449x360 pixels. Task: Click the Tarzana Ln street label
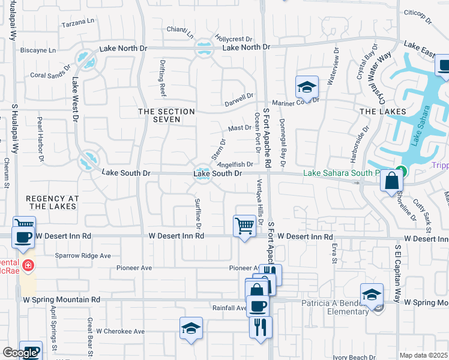79,22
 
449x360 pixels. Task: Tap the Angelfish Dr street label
235,164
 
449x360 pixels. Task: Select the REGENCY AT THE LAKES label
51,202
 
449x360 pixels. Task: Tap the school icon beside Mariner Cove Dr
306,87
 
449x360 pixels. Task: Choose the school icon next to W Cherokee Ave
191,328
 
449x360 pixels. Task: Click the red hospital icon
27,265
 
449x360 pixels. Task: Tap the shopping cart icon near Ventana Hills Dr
244,226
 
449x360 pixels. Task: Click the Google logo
20,353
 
